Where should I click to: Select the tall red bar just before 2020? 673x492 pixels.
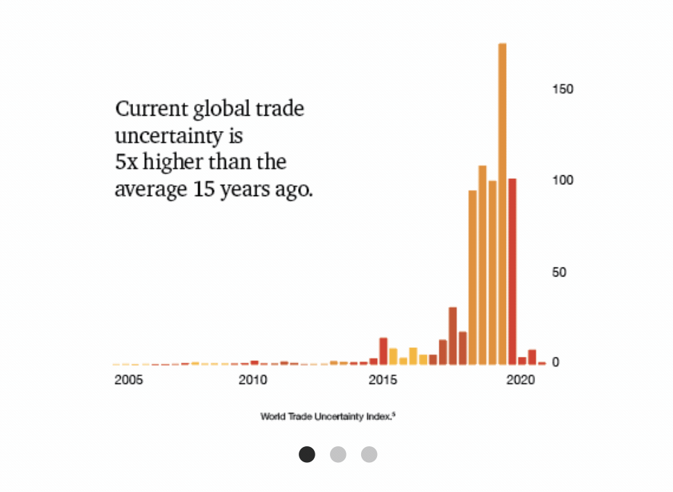click(x=512, y=270)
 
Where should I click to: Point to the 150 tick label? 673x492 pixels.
click(x=563, y=89)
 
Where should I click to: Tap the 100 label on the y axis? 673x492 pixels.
click(x=563, y=180)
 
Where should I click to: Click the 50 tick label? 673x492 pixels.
click(x=559, y=272)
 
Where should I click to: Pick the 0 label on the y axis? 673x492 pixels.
click(x=555, y=363)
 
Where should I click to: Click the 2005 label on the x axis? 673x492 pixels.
click(x=128, y=380)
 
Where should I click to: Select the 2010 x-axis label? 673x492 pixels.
click(x=252, y=380)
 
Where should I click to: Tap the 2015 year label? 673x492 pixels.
click(x=383, y=380)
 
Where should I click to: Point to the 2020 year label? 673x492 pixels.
click(x=519, y=380)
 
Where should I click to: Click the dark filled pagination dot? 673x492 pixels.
click(x=307, y=455)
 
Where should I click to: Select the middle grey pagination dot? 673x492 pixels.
click(x=338, y=455)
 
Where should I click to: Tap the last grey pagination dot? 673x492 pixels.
click(x=369, y=455)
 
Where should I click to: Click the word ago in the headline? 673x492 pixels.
click(x=296, y=189)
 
